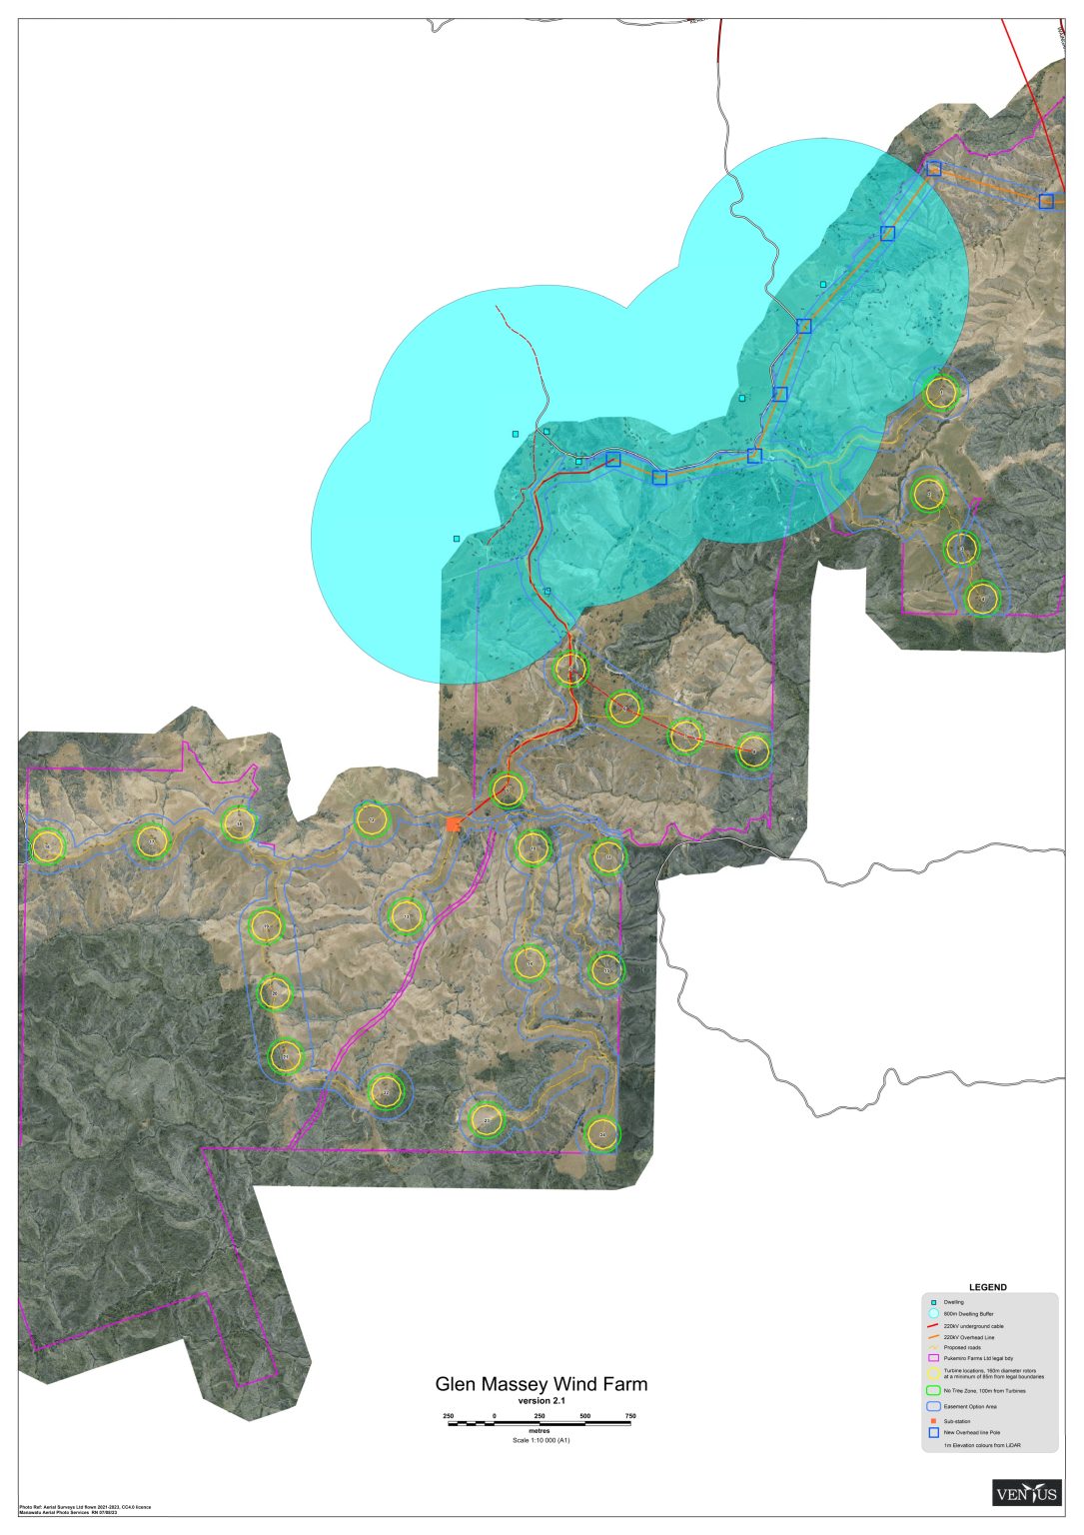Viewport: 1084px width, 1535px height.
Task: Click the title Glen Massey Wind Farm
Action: pyautogui.click(x=541, y=1384)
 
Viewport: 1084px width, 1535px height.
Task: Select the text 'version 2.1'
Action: pyautogui.click(x=541, y=1400)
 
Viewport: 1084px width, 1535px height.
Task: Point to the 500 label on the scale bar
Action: pyautogui.click(x=584, y=1416)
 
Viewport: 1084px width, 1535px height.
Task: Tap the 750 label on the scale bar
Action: pyautogui.click(x=630, y=1416)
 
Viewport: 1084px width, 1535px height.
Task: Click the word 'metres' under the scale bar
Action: pyautogui.click(x=540, y=1431)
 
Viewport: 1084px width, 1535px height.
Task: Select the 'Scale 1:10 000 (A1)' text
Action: pyautogui.click(x=541, y=1440)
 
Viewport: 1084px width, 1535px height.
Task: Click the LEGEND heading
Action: pyautogui.click(x=988, y=1287)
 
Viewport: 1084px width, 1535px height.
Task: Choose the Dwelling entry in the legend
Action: pyautogui.click(x=954, y=1302)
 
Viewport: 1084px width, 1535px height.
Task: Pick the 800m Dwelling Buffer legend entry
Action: pyautogui.click(x=968, y=1313)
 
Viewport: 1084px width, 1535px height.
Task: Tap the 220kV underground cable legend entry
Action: pyautogui.click(x=973, y=1325)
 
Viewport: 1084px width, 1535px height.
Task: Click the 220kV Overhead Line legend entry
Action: pyautogui.click(x=968, y=1337)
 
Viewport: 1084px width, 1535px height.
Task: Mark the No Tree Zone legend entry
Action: pyautogui.click(x=984, y=1390)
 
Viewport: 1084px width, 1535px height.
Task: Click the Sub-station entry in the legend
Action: pyautogui.click(x=956, y=1421)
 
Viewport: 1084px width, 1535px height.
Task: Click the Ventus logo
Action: pyautogui.click(x=1026, y=1493)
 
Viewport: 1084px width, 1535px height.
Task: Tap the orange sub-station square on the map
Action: pyautogui.click(x=454, y=824)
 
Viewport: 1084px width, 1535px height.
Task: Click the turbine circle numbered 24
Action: pyautogui.click(x=602, y=1135)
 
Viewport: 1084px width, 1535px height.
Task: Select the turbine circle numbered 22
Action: pyautogui.click(x=386, y=1093)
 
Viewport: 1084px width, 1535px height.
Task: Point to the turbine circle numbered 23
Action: pyautogui.click(x=487, y=1120)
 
